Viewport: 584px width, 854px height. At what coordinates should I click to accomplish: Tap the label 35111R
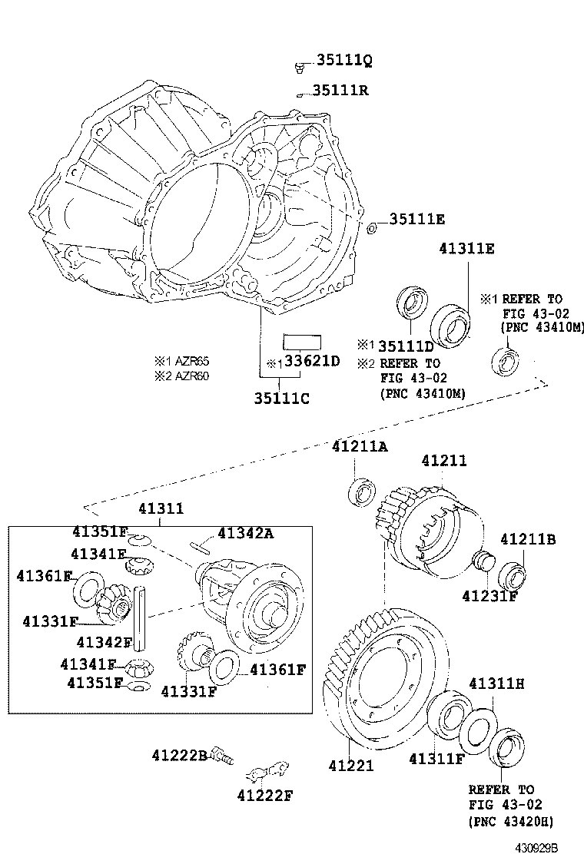[340, 91]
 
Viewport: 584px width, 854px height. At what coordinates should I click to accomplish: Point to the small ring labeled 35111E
[372, 227]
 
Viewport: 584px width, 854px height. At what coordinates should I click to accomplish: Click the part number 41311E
[466, 248]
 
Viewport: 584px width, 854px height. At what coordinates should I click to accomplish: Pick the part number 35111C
[282, 398]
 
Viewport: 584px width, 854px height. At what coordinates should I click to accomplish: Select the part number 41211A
[359, 446]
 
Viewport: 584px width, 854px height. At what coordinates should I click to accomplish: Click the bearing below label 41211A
[361, 492]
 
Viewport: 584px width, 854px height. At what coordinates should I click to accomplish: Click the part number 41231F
[489, 594]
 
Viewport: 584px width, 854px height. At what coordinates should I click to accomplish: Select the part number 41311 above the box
[161, 508]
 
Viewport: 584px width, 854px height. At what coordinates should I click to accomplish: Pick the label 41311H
[496, 683]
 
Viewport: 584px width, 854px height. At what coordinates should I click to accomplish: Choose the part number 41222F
[265, 795]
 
